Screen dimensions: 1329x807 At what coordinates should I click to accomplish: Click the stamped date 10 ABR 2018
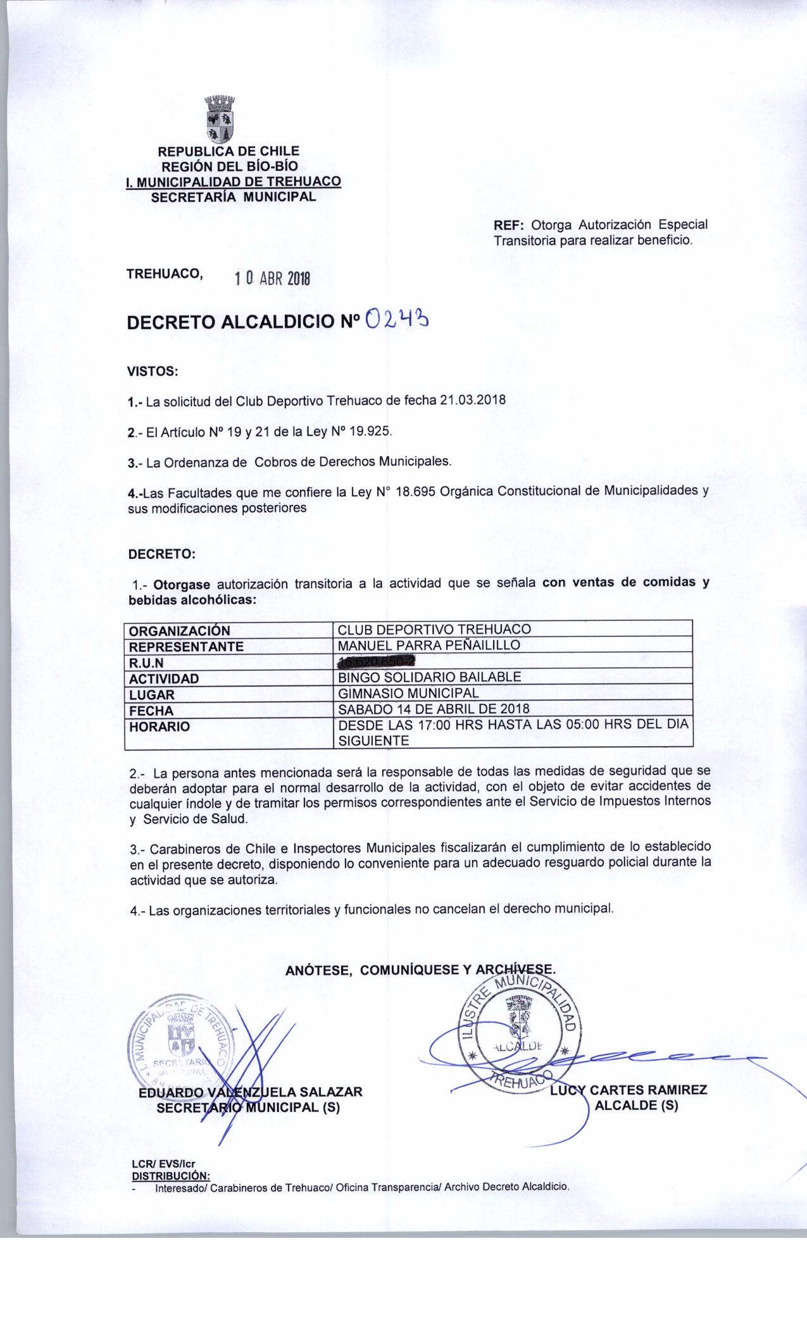pos(272,278)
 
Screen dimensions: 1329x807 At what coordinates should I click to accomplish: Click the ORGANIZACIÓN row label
pos(179,631)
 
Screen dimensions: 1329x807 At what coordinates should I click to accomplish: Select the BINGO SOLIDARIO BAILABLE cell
pos(430,677)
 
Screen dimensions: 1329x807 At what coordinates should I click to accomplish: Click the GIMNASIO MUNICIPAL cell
pos(409,693)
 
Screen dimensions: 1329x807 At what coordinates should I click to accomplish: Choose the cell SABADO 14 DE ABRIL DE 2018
pos(434,709)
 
